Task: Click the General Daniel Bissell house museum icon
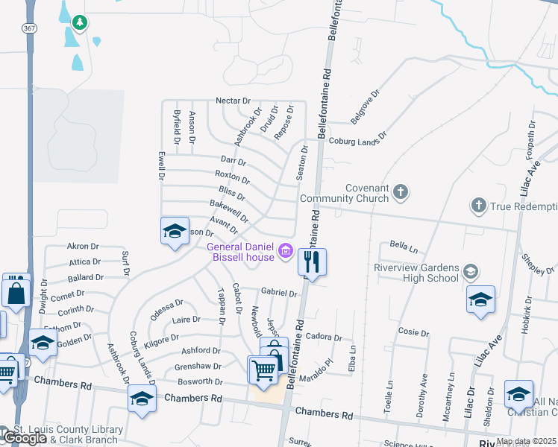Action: tap(284, 252)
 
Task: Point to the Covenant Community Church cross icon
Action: tap(401, 192)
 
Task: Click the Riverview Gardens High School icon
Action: tap(470, 271)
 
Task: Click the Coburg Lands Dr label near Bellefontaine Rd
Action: tap(358, 139)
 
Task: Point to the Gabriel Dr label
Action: tap(279, 293)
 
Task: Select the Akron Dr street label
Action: tap(83, 247)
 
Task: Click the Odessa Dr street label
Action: tap(166, 308)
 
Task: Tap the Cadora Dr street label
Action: tap(323, 337)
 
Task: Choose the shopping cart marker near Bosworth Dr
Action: tap(263, 370)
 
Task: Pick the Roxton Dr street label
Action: tap(232, 177)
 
